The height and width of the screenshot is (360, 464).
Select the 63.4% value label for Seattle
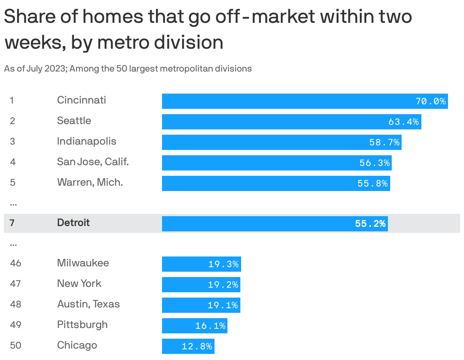pos(403,122)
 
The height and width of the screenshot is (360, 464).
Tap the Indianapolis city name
pos(87,142)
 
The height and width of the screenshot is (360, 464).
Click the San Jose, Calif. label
pos(93,162)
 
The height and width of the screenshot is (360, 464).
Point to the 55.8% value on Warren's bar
pos(372,183)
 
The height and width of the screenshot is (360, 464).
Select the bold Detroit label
pos(73,223)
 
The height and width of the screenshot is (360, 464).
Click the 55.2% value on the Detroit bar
pos(370,224)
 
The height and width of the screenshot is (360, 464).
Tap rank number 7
pos(12,223)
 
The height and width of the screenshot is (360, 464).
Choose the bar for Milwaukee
pos(201,264)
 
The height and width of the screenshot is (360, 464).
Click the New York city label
pos(79,284)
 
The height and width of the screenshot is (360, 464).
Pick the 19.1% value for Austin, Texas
pos(222,305)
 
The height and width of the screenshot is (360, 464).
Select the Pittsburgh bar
pos(194,326)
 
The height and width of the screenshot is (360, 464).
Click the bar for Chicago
pos(188,346)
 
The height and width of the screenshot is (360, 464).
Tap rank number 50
pos(16,346)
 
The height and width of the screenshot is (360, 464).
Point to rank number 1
pos(12,100)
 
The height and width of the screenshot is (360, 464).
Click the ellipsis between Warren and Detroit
pos(13,204)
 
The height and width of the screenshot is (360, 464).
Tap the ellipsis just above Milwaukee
pos(13,244)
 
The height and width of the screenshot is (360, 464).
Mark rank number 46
pos(16,263)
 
